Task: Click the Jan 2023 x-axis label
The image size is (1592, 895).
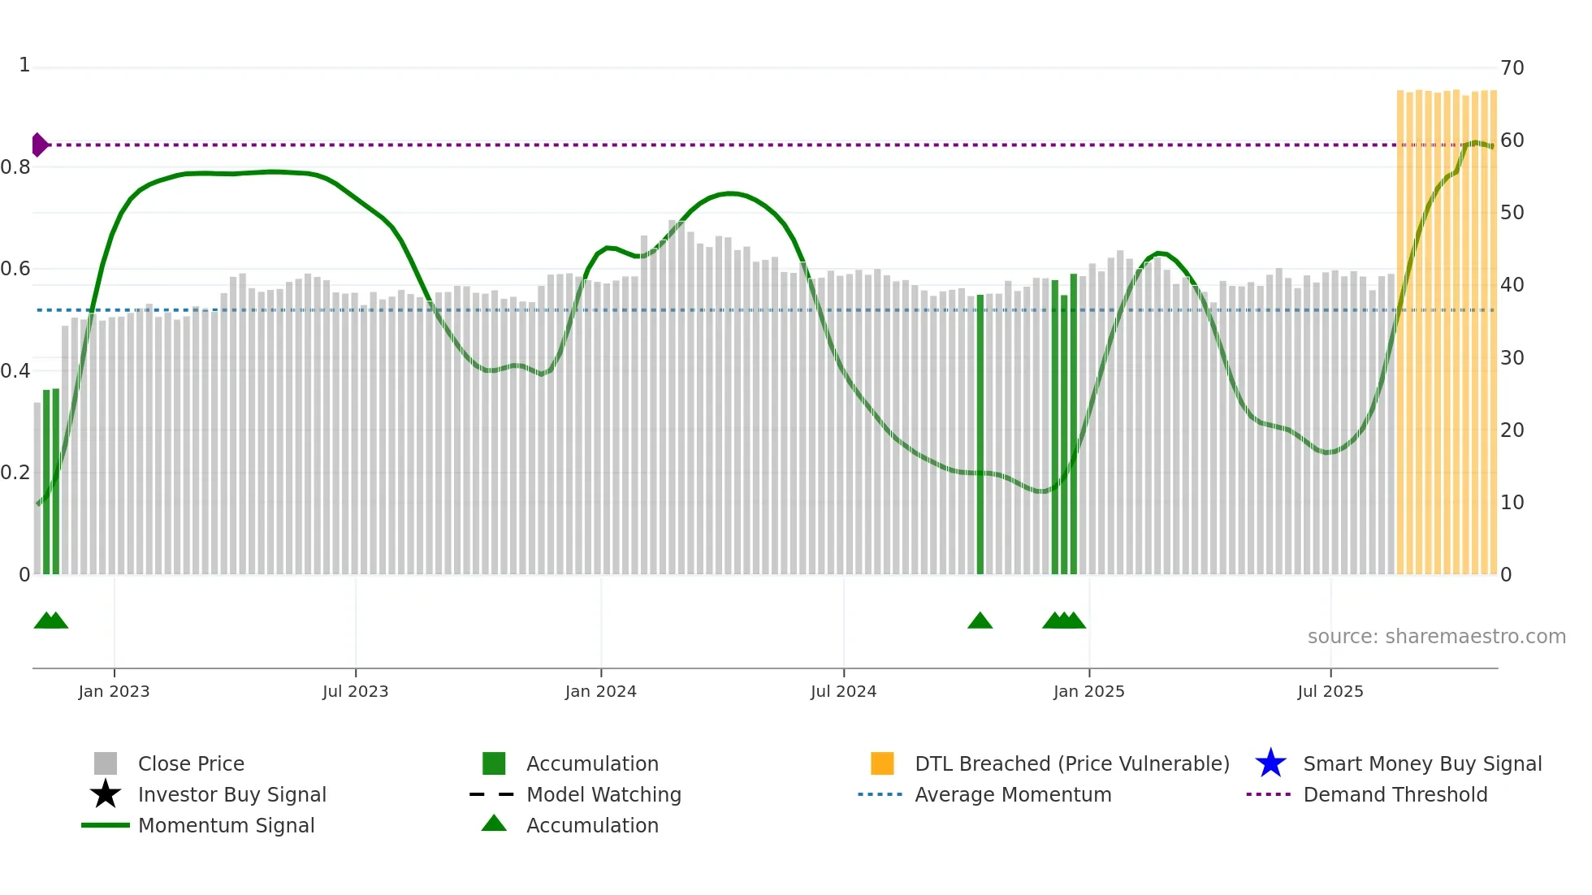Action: pos(114,691)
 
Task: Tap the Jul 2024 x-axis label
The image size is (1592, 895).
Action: pos(843,691)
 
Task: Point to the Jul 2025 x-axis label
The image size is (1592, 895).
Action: pos(1330,691)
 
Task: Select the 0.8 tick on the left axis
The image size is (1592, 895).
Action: pos(15,167)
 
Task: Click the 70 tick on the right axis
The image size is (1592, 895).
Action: pos(1512,68)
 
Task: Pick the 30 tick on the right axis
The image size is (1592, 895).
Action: pos(1512,358)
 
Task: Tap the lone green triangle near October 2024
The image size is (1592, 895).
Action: pos(980,621)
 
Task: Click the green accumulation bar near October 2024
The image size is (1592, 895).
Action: pos(980,435)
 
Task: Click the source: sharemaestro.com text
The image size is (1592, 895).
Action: pos(1436,637)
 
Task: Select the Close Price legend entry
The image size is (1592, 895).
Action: pos(191,763)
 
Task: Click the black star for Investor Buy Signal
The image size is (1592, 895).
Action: pos(106,794)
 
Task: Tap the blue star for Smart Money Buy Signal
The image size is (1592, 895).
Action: pos(1270,763)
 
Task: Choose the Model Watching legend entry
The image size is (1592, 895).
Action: pos(603,794)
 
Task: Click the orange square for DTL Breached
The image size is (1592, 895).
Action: pos(882,763)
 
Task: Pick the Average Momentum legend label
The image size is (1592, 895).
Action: pos(1013,794)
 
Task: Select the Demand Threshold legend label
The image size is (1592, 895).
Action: pos(1395,794)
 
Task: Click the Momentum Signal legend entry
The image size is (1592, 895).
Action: pos(226,825)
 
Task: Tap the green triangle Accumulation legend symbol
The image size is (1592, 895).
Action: pos(494,824)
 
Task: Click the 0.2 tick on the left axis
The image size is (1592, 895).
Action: pos(15,473)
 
